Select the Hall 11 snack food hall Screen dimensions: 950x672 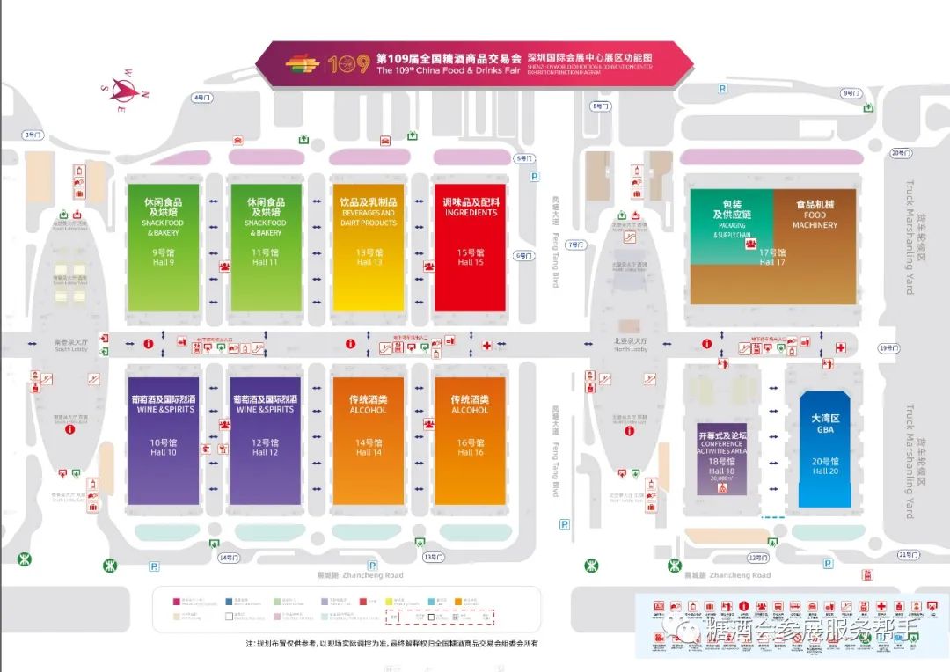coord(265,246)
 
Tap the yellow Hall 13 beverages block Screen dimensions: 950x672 coord(368,246)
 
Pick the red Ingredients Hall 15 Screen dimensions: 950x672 coord(471,246)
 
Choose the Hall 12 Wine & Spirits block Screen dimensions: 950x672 coord(265,440)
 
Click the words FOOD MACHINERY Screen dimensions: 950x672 coord(815,220)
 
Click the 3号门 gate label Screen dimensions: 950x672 coord(33,135)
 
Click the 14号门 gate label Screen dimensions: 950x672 coord(229,558)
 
